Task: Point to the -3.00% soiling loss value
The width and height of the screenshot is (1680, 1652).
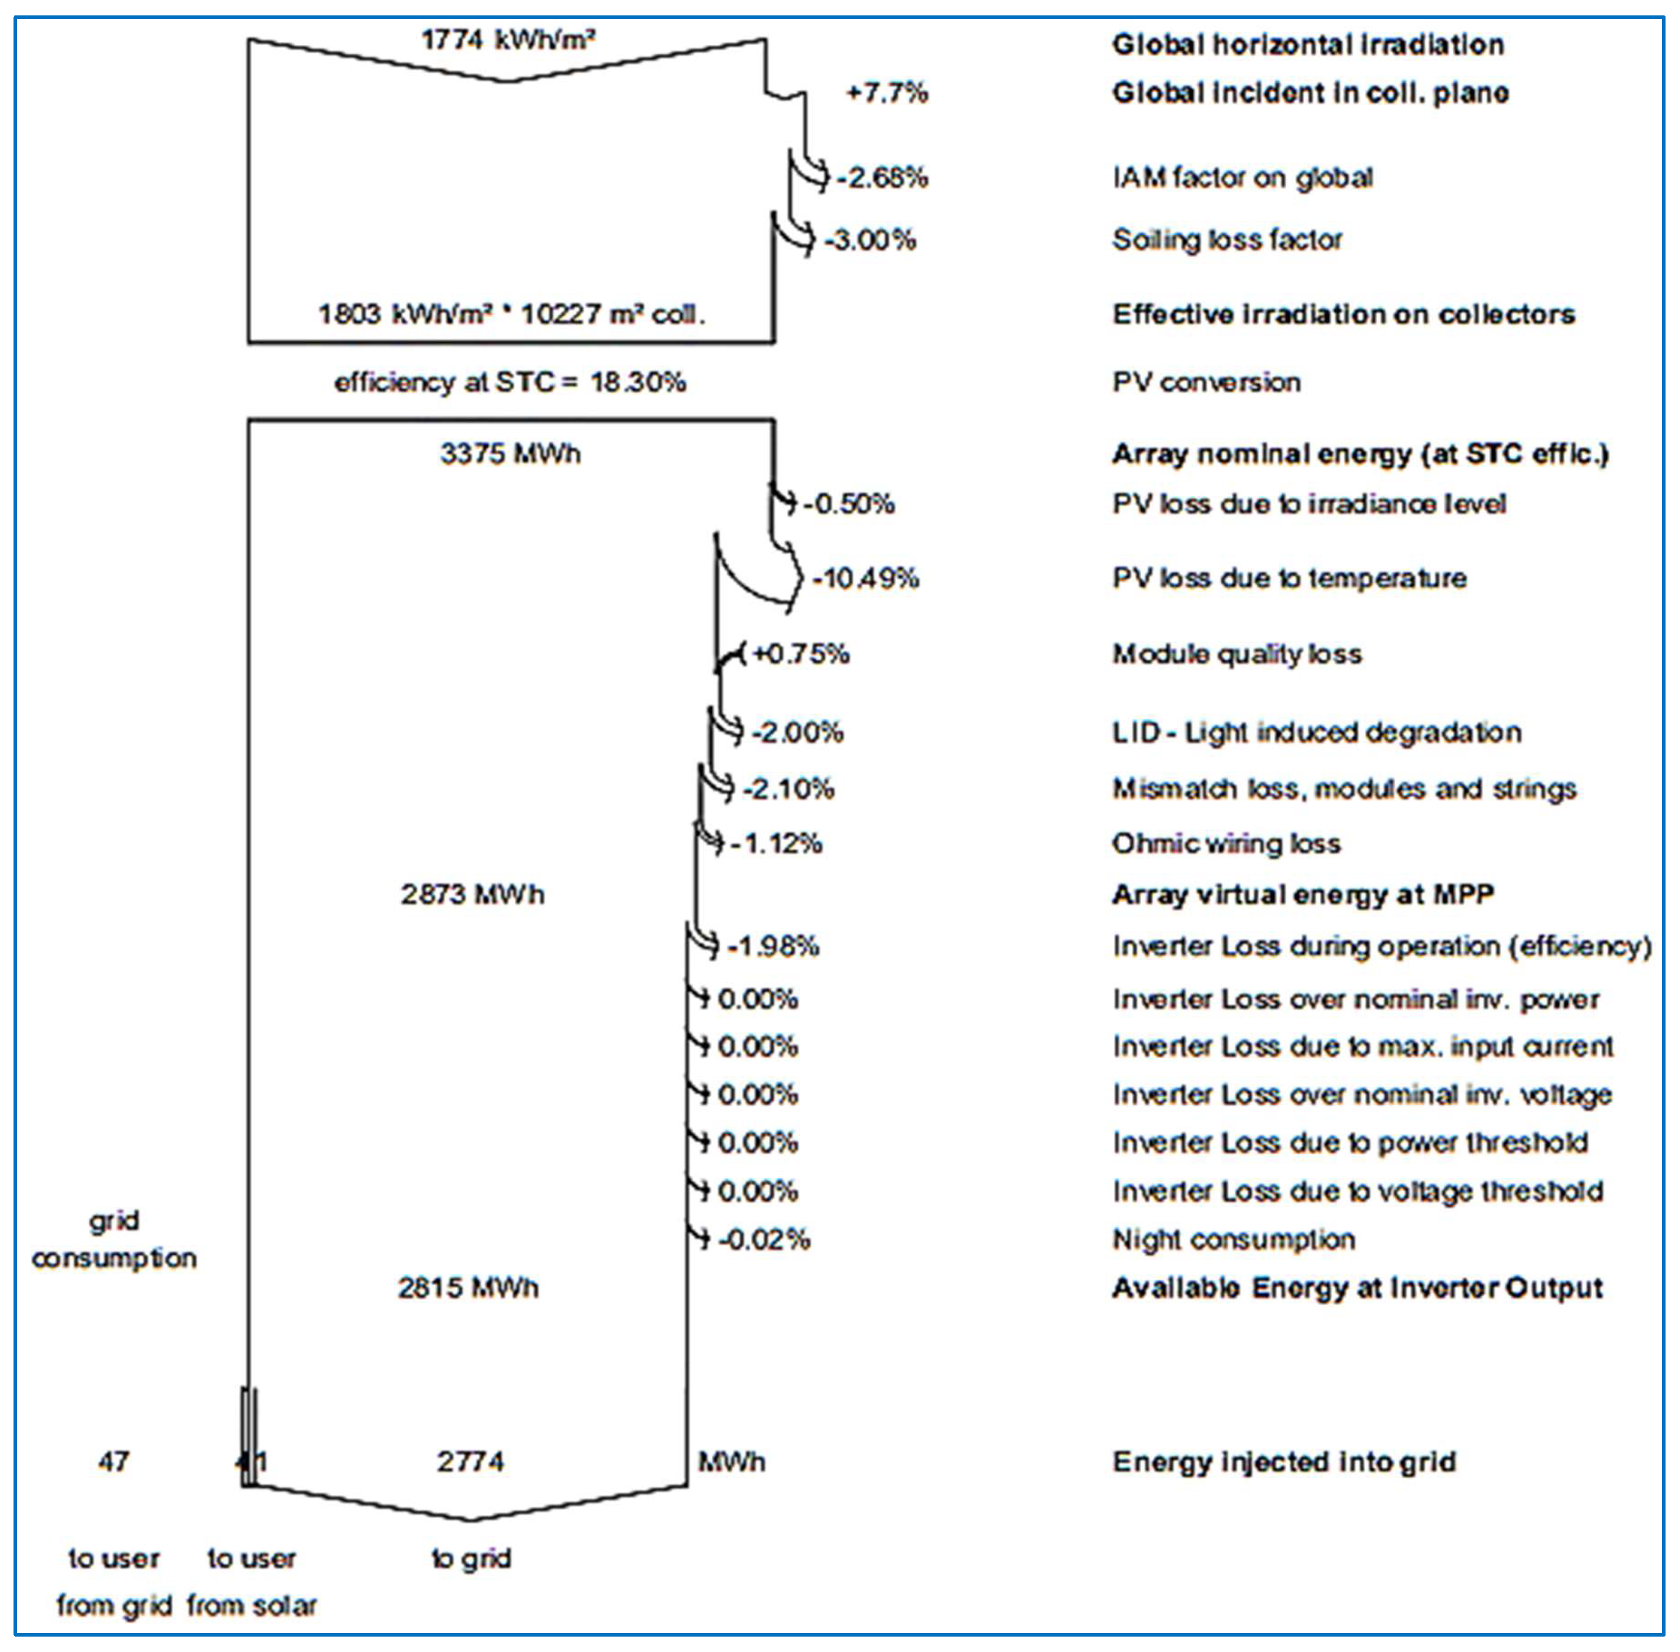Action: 870,240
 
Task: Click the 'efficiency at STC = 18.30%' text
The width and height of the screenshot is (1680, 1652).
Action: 510,382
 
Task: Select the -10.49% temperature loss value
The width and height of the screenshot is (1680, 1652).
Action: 866,578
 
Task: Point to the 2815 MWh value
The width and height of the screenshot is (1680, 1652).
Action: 468,1287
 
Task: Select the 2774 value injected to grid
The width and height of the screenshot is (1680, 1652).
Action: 469,1462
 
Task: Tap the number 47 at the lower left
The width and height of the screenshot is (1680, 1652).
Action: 114,1462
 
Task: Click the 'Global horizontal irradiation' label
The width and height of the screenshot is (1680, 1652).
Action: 1308,44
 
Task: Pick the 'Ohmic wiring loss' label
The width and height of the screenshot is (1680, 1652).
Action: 1226,843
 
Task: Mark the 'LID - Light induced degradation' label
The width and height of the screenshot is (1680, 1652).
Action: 1316,732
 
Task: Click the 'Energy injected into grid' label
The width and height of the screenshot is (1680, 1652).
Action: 1284,1462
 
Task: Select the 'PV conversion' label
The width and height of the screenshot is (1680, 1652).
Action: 1206,382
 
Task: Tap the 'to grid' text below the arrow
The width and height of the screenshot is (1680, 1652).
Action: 471,1558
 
